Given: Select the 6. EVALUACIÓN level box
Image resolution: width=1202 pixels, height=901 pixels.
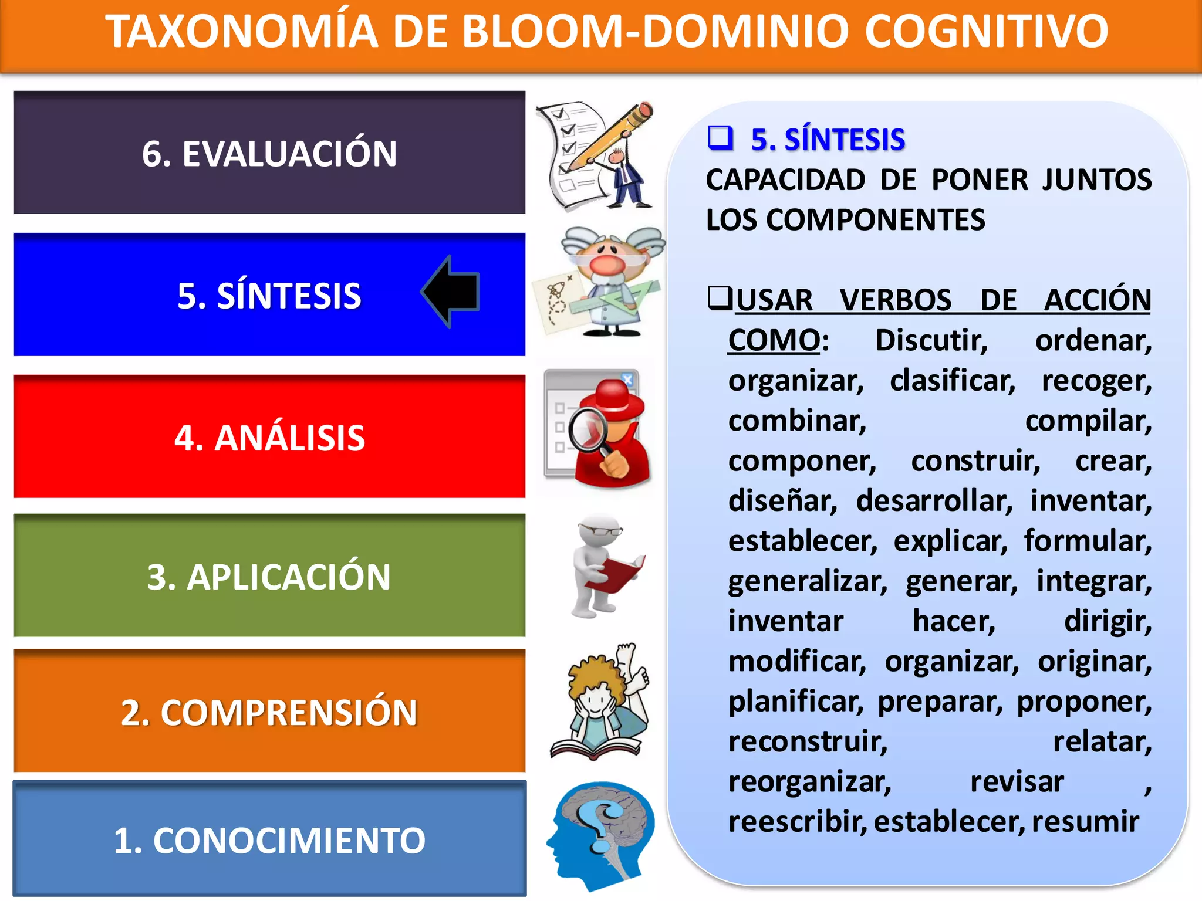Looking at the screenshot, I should point(269,153).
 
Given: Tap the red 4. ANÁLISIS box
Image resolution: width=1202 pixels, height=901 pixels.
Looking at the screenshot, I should point(269,437).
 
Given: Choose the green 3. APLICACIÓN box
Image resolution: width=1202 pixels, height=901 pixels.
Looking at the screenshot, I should point(269,576).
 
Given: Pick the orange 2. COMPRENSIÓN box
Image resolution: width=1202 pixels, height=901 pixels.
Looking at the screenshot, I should point(269,712).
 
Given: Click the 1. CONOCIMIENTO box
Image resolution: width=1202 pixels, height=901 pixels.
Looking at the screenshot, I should point(269,839).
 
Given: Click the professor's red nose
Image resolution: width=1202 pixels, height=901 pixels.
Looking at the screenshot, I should point(607,263).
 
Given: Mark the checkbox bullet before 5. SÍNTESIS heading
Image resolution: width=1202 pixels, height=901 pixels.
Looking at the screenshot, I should point(720,138).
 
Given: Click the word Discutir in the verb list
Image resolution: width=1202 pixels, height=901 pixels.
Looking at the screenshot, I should point(931,340).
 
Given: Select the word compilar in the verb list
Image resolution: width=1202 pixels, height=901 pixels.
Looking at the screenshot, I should point(1088,421).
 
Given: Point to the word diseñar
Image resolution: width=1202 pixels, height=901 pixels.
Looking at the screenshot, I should point(782,501).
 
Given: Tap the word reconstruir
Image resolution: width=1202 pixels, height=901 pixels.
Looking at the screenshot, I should point(808,741).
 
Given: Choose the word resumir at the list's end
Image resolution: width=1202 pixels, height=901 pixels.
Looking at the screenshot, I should point(1085,821).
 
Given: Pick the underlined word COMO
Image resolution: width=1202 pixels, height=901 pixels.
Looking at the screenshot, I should point(774,340).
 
